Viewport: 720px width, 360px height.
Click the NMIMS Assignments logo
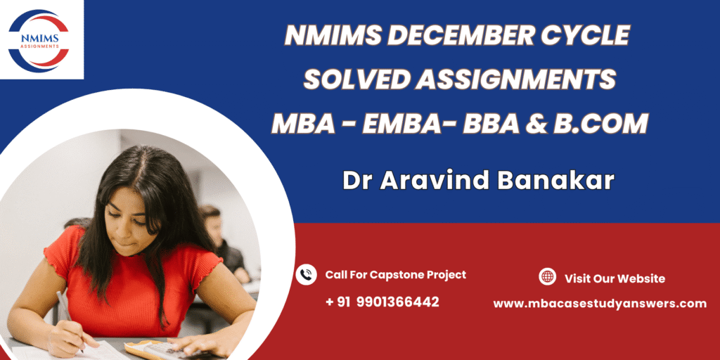pyautogui.click(x=39, y=41)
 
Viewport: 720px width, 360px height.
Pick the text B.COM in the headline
pyautogui.click(x=600, y=124)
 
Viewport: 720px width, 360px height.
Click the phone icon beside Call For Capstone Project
pyautogui.click(x=307, y=275)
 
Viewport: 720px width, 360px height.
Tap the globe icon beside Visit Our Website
pyautogui.click(x=547, y=277)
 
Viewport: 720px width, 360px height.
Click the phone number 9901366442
pyautogui.click(x=397, y=302)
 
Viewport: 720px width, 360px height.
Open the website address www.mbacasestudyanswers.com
pyautogui.click(x=600, y=304)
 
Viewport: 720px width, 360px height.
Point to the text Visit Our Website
pyautogui.click(x=615, y=278)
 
